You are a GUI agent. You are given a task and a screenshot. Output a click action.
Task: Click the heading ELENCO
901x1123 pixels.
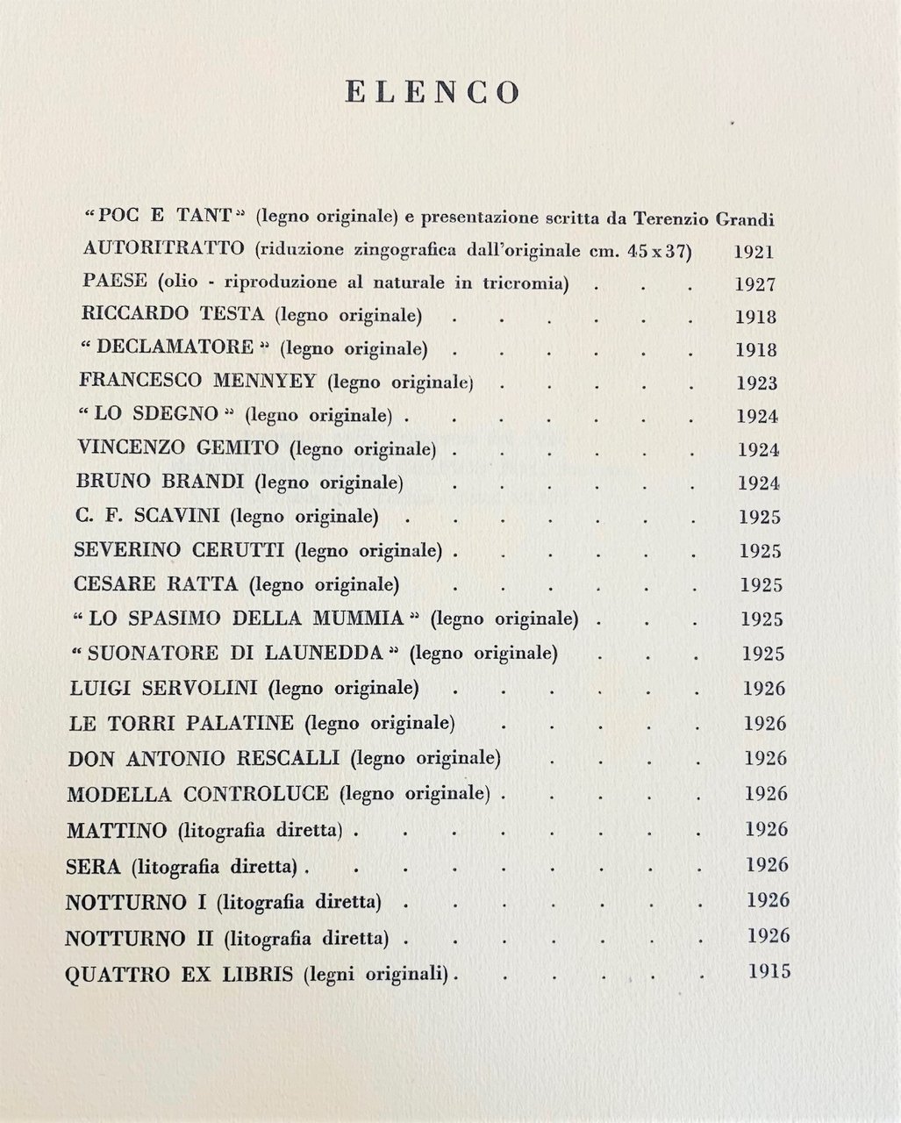coord(433,92)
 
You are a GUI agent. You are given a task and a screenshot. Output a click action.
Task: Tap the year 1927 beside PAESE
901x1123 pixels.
coord(755,284)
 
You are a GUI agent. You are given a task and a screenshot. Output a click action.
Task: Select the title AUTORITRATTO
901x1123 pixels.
coord(163,248)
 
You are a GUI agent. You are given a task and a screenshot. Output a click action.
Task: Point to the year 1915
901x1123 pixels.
coord(770,971)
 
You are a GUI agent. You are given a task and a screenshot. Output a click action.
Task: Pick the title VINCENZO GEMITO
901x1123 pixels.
coord(178,448)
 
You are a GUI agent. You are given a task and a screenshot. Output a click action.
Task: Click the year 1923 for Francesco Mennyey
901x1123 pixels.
coord(758,383)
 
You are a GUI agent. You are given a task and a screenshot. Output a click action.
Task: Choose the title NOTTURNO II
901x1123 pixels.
coord(139,938)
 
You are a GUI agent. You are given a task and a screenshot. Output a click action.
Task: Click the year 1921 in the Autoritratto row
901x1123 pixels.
coord(754,252)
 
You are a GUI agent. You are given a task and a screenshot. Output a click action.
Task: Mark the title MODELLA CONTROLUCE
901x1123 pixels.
coord(197,794)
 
